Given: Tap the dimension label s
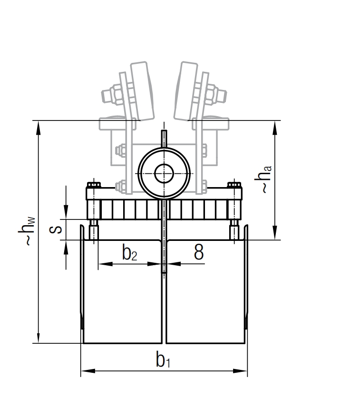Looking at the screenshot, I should [56, 229].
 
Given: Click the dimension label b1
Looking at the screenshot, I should [163, 361].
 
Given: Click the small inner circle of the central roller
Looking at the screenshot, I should [164, 173].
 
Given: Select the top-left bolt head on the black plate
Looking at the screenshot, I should [93, 184].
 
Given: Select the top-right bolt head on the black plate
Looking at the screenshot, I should [234, 184].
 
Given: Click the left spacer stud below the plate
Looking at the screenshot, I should [94, 230].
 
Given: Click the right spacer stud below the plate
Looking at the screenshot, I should [234, 230].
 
